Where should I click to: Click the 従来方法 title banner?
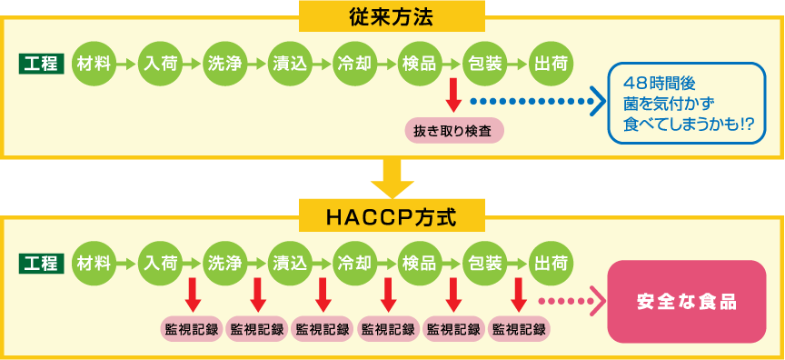pos(392,15)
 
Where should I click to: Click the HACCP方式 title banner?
pos(392,215)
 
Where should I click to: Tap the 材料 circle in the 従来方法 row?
pos(94,64)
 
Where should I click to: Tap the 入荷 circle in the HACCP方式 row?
pos(160,264)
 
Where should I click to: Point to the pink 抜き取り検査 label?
pos(452,130)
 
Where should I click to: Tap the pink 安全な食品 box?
pos(687,301)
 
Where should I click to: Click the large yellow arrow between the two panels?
pos(392,178)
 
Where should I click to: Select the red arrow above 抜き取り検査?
pos(452,99)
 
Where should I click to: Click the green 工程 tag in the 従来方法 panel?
pos(41,64)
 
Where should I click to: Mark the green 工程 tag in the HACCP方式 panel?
pos(41,264)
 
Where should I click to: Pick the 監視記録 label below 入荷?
pos(192,328)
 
